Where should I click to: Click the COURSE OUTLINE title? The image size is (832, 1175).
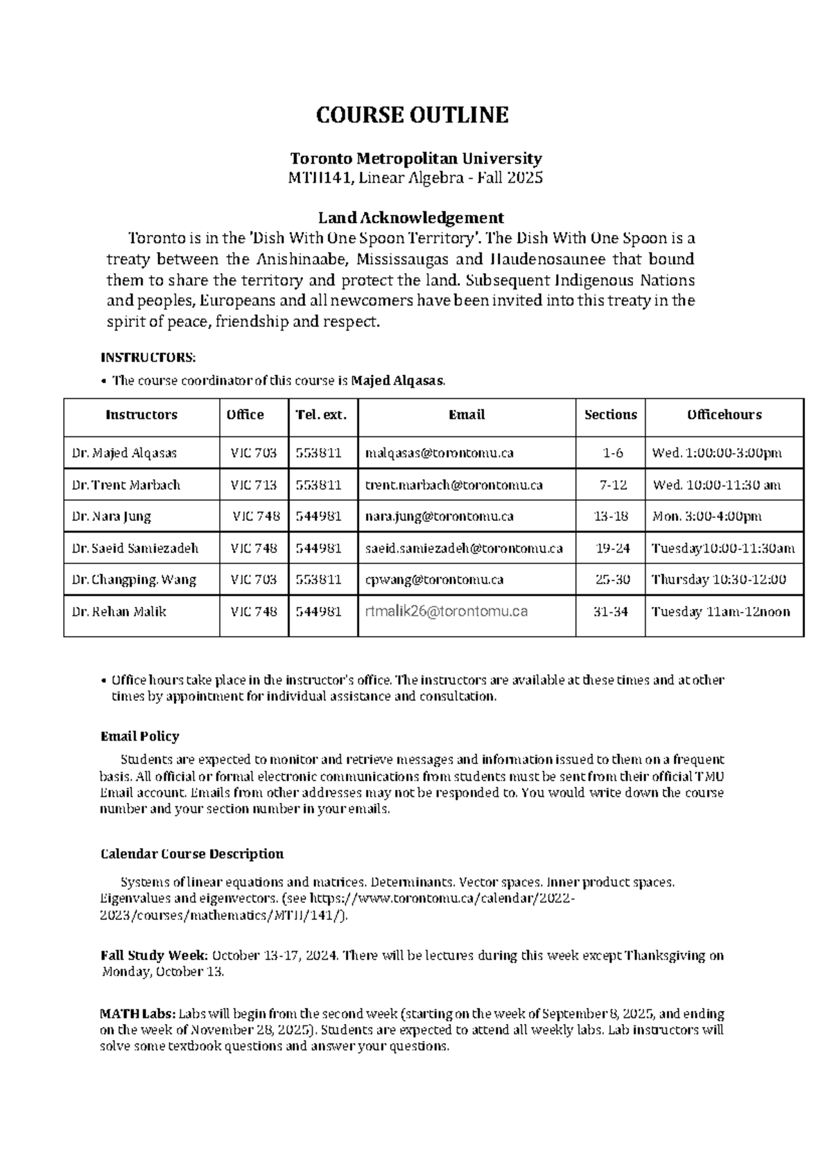click(x=413, y=115)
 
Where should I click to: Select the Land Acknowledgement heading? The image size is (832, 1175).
click(x=415, y=218)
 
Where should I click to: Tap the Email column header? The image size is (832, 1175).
click(x=466, y=415)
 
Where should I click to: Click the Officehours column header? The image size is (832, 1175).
click(x=724, y=415)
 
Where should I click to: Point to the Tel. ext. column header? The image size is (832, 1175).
click(x=321, y=415)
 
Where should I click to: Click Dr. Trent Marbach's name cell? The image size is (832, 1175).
click(x=125, y=485)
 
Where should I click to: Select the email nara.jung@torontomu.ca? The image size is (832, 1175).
click(x=439, y=517)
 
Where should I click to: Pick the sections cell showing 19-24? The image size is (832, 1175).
click(x=613, y=549)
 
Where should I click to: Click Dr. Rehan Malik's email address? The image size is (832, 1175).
click(x=447, y=612)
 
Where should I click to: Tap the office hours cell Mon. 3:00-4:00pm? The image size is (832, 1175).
click(x=707, y=517)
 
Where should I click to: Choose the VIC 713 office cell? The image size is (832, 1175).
click(x=254, y=485)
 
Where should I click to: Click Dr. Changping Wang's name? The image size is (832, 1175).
click(x=134, y=580)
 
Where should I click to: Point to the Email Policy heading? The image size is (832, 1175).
click(x=139, y=736)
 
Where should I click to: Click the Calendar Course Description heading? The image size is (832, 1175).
click(x=192, y=854)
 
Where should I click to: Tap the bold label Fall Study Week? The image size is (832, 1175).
click(x=154, y=956)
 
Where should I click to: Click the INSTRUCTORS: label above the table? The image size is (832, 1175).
click(x=148, y=358)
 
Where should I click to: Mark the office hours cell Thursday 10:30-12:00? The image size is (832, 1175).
click(x=719, y=580)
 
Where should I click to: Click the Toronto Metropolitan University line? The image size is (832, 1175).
click(x=415, y=159)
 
